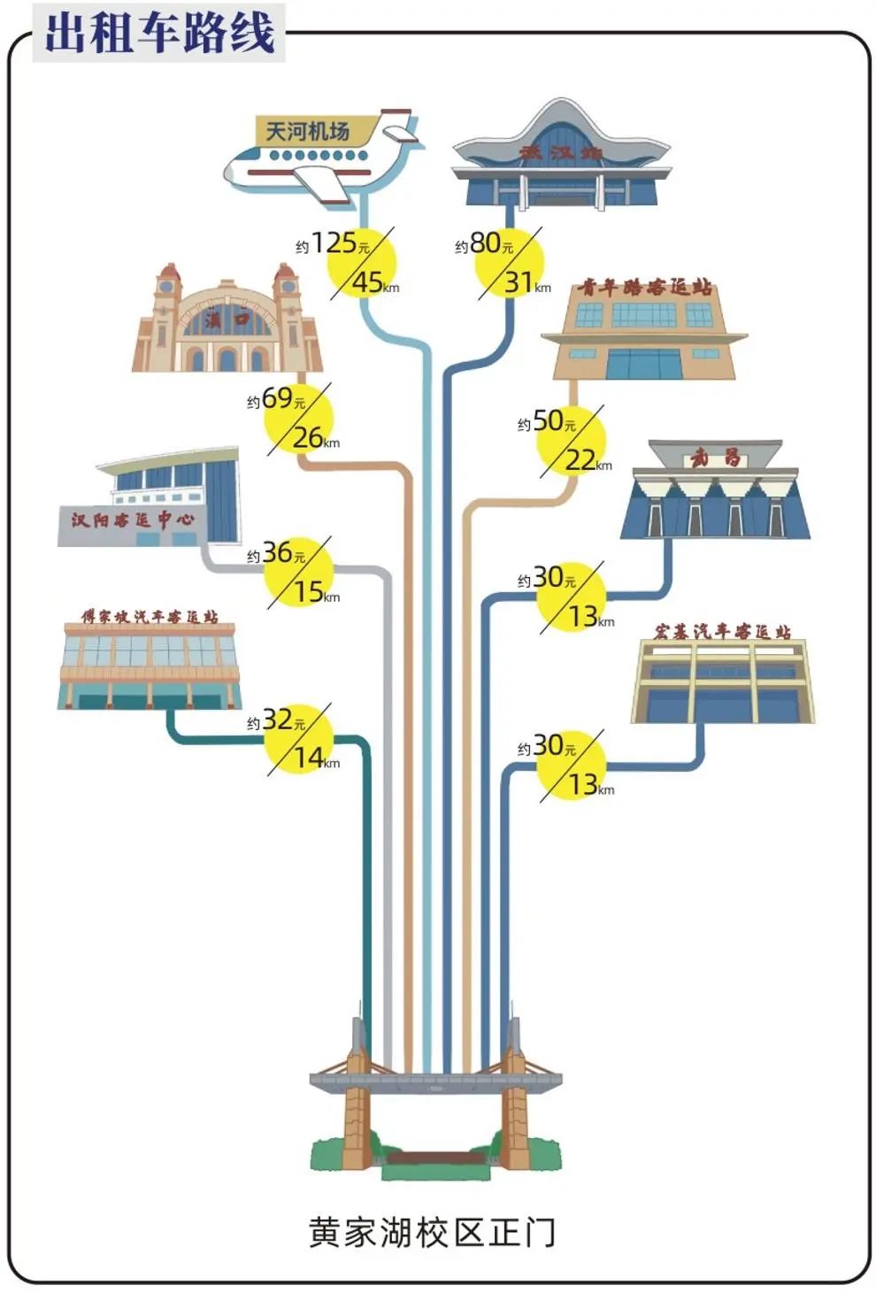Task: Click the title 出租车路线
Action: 159,33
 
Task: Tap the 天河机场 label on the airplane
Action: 308,132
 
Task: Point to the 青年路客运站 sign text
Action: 645,287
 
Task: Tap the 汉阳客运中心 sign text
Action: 133,520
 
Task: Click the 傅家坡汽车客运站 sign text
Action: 150,616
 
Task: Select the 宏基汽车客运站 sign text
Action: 722,631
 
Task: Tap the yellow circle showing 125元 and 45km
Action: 361,263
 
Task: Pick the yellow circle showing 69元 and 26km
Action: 299,419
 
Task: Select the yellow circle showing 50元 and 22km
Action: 572,442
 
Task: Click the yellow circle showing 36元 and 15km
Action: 299,573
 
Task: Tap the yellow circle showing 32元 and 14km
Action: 299,740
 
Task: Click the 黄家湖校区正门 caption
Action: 432,1232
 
